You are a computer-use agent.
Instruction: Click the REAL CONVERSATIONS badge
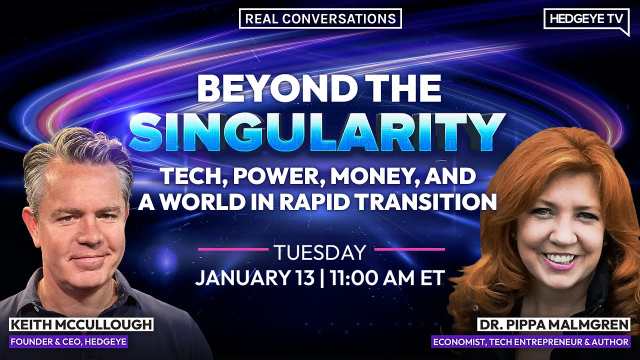[x=320, y=18]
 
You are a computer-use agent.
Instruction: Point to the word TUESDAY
[x=320, y=252]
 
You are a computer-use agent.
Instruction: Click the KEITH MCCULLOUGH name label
[x=81, y=325]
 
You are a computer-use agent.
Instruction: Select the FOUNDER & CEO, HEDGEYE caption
[x=69, y=342]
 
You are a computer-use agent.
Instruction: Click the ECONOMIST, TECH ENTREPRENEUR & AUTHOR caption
[x=531, y=342]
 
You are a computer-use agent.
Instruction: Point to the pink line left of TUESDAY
[x=233, y=248]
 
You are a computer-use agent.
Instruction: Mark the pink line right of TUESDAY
[x=409, y=248]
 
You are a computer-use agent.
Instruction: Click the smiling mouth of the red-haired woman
[x=559, y=259]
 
